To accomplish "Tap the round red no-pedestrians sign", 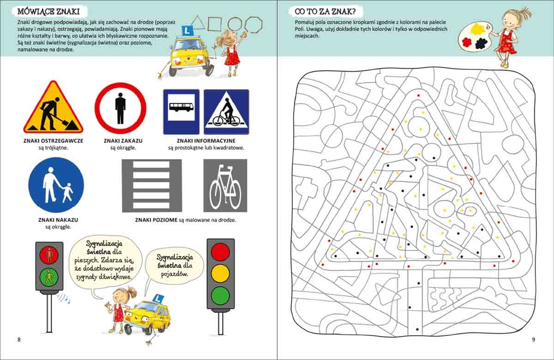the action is tap(120, 108).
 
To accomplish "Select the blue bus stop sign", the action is tap(181, 112).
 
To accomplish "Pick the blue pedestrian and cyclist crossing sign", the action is tap(226, 112).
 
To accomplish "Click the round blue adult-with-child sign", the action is tap(56, 185).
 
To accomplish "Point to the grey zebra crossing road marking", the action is tap(152, 186).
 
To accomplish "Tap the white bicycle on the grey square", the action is tap(225, 187).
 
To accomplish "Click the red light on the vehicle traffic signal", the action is tap(220, 252).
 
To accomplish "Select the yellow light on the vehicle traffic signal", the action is tap(220, 274).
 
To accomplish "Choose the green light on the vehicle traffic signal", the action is tap(220, 296).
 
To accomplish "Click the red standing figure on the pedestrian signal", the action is tap(49, 255).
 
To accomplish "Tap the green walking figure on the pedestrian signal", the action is tap(49, 276).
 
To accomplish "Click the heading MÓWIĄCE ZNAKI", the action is tap(48, 12).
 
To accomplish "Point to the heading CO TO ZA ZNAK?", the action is tap(325, 12).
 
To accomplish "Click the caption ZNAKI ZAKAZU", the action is tap(123, 141).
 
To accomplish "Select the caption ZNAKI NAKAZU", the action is tap(58, 220).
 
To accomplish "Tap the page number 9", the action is tap(534, 340).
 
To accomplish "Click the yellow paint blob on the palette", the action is tap(477, 29).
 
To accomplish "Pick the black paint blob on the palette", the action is tap(481, 43).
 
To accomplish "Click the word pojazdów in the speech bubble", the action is tap(175, 274).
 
